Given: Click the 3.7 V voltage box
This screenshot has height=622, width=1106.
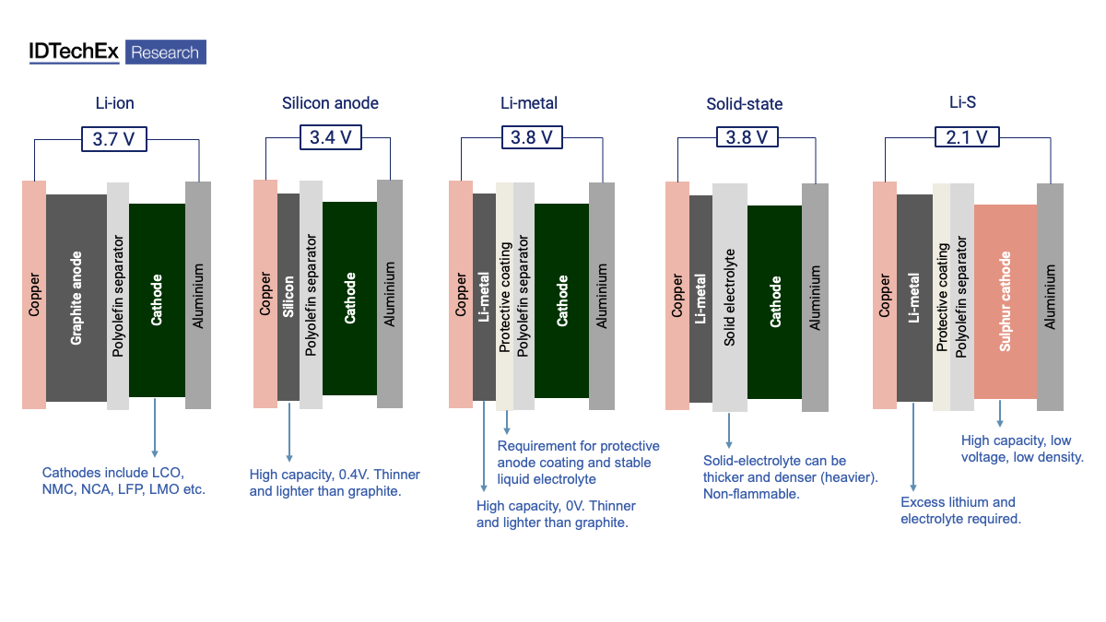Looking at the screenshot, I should click(116, 139).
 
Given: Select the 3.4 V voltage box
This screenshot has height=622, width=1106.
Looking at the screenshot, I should click(330, 137).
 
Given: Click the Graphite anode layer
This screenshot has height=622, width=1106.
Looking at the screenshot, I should click(76, 298).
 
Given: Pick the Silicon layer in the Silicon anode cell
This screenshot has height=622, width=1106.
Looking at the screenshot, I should click(288, 297).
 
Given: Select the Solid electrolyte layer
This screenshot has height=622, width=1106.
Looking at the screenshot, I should click(729, 297).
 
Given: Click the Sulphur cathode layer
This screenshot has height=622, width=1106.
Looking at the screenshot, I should click(1005, 301).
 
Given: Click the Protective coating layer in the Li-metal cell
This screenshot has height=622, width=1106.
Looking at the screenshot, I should click(504, 297).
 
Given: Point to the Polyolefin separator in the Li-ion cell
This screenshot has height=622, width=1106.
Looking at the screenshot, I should click(118, 297).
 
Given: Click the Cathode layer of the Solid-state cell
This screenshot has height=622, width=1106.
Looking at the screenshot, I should click(774, 301).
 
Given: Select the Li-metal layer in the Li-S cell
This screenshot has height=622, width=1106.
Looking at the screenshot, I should click(913, 298).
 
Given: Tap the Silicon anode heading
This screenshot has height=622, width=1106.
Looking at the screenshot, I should click(330, 103).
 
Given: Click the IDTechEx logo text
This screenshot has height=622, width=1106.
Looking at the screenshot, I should click(74, 53).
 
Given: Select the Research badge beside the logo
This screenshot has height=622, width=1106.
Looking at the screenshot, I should click(165, 53).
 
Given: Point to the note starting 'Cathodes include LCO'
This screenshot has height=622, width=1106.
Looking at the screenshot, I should click(124, 481).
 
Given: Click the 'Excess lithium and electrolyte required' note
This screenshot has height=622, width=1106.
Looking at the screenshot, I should click(960, 511).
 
